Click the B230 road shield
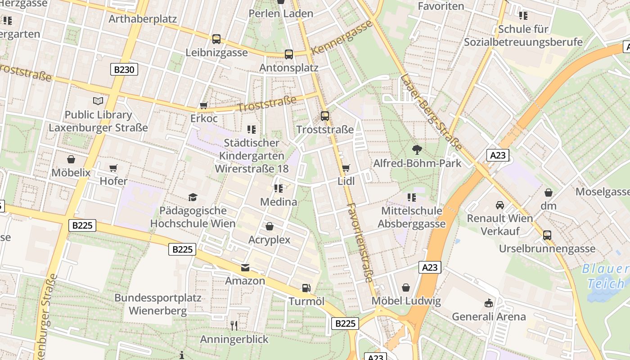[124, 69]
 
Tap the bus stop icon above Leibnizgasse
[216, 39]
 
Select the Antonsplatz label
[289, 67]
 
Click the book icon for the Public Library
[98, 101]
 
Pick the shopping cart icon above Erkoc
[203, 106]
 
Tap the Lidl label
[346, 181]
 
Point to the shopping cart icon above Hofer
[113, 168]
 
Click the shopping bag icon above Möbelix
[71, 159]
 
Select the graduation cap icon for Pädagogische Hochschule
[193, 197]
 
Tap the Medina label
[279, 202]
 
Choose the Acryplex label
[270, 239]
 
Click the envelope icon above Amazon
[245, 268]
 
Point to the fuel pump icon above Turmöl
[306, 288]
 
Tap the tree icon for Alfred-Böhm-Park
[417, 149]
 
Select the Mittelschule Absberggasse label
[412, 217]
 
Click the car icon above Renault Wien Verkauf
[499, 205]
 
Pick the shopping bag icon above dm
[548, 193]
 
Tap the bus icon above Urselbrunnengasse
[547, 235]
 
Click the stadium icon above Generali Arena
[489, 303]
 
